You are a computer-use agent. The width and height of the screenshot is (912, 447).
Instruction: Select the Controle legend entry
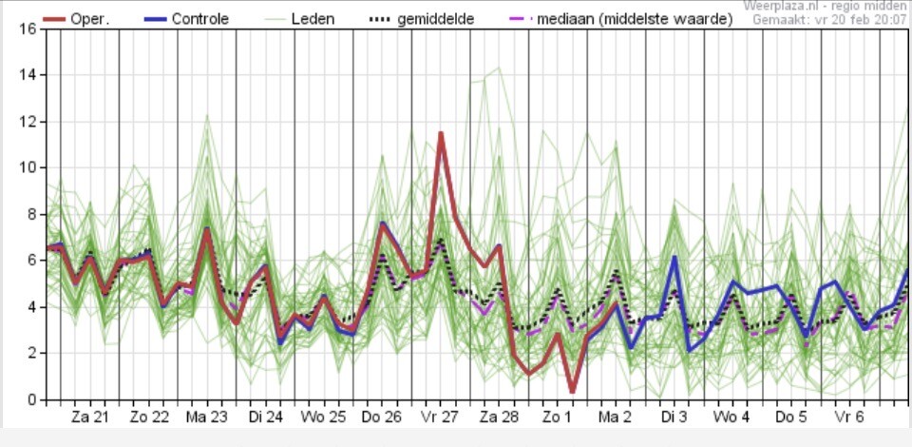coord(199,19)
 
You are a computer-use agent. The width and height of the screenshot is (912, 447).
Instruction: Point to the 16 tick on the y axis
coord(28,29)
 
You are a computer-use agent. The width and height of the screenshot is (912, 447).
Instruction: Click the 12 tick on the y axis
coord(28,122)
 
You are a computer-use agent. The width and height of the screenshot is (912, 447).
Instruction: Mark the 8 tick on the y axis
coord(28,215)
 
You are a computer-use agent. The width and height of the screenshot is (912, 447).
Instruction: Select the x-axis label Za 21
coord(90,417)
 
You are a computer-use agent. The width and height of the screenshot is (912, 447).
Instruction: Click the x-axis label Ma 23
coord(207,417)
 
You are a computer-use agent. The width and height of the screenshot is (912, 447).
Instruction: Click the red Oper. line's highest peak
coord(441,133)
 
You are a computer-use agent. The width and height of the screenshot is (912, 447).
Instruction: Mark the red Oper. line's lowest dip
coord(572,392)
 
